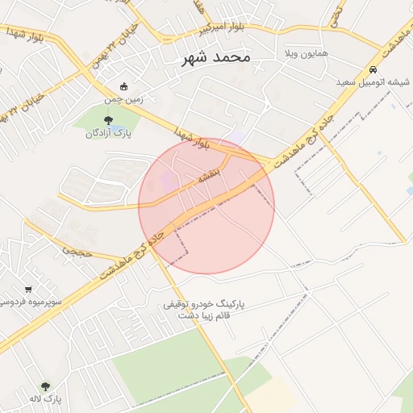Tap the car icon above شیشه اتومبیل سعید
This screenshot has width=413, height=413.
373,69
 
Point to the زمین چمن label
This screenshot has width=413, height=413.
123,99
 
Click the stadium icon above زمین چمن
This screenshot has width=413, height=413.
123,86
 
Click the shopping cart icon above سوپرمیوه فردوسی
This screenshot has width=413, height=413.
28,289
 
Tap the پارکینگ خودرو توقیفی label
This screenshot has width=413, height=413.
204,305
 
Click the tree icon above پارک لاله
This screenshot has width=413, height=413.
45,386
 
